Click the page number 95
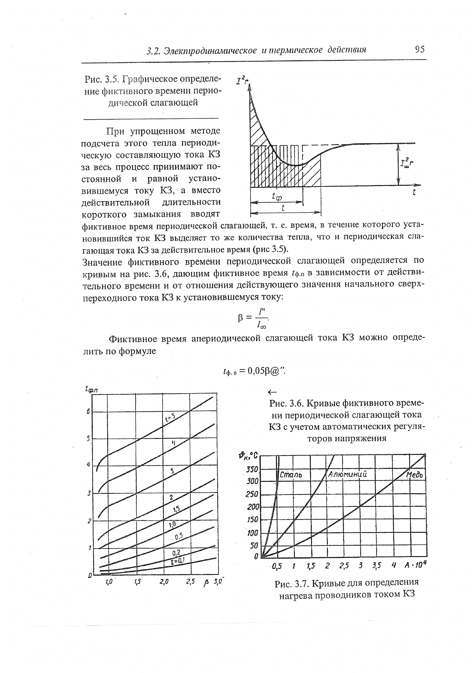[x=420, y=49]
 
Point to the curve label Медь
[x=416, y=475]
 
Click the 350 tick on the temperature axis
[x=252, y=469]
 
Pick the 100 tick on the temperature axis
[x=253, y=533]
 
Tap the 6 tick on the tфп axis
[x=88, y=412]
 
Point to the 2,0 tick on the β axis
[x=164, y=582]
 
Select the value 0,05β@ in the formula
[x=264, y=370]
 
